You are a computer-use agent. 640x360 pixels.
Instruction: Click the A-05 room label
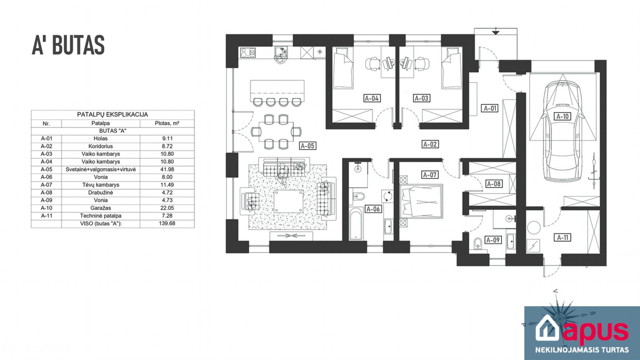(307, 146)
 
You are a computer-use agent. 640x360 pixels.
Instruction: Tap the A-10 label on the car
(562, 117)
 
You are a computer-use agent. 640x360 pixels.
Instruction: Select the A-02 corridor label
(430, 144)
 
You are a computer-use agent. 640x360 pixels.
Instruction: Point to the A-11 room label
(563, 237)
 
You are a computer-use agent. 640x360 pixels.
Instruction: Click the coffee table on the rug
(288, 201)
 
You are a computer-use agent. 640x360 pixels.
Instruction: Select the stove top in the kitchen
(248, 53)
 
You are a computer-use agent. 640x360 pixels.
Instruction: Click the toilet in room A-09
(478, 243)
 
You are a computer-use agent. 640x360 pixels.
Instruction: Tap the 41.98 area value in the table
(167, 169)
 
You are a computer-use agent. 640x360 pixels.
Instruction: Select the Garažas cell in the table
(101, 208)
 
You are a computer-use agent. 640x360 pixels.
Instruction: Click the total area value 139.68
(167, 223)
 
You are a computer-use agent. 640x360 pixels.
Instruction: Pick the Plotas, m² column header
(167, 123)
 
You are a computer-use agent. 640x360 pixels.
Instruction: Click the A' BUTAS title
(68, 45)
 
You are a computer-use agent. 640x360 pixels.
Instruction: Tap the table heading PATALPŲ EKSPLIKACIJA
(113, 114)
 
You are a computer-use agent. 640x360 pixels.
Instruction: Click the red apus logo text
(595, 331)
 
